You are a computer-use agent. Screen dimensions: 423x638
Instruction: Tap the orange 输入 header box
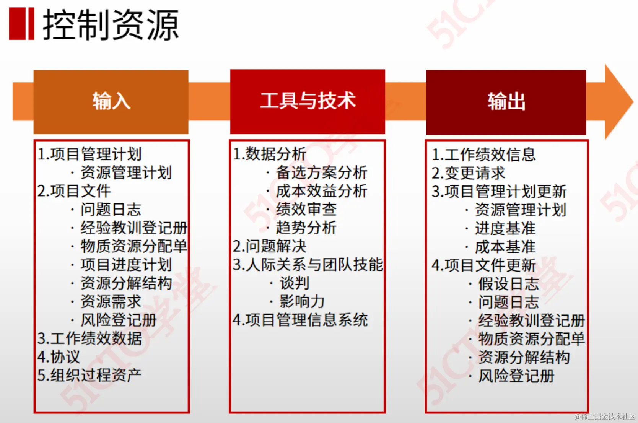coord(111,101)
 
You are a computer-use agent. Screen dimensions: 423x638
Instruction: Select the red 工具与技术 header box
coord(308,101)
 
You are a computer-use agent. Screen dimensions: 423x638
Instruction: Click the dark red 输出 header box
coord(506,102)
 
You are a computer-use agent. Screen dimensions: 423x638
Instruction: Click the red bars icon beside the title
coord(21,24)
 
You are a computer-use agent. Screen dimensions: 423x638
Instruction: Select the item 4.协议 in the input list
coord(59,357)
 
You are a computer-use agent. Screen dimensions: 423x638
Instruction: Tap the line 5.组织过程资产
coord(90,375)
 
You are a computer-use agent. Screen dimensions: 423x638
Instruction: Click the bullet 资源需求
coord(111,301)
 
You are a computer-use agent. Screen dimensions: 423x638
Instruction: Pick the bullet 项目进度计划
coord(126,265)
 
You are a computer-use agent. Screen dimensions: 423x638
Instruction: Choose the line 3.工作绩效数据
coord(90,338)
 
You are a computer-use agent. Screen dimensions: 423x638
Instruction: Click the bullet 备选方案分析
coord(321,172)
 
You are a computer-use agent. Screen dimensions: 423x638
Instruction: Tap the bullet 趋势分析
coord(306,228)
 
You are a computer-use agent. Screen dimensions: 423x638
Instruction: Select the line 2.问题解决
coord(270,246)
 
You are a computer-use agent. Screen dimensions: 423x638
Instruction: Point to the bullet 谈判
coord(294,283)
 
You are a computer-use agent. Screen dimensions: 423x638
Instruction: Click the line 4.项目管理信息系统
coord(300,320)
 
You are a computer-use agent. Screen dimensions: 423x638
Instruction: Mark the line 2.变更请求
coord(469,173)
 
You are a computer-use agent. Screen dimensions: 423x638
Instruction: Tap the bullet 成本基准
coord(505,247)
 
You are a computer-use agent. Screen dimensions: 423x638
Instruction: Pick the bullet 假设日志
coord(508,284)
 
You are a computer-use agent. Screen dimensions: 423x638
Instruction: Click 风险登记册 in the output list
coord(516,376)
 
